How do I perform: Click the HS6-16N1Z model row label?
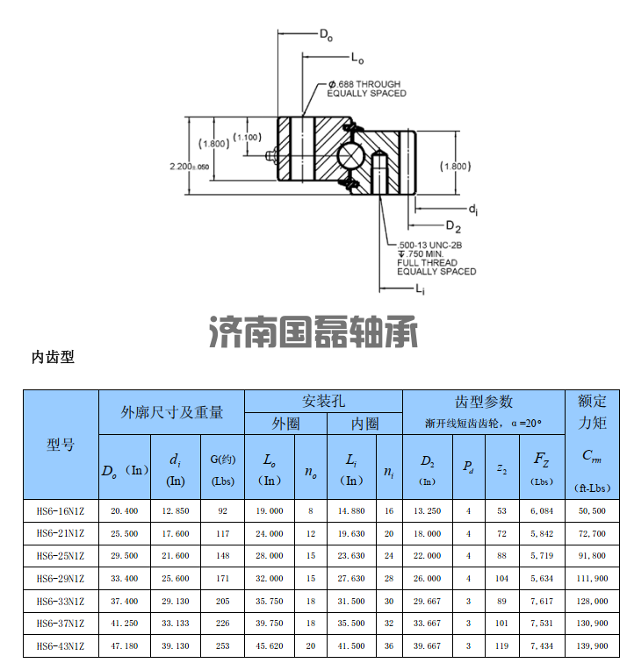[61, 510]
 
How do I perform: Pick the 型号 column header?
[61, 445]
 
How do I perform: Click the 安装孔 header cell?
[323, 401]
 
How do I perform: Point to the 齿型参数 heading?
[483, 402]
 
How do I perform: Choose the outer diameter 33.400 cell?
[124, 579]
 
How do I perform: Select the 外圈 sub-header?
[285, 424]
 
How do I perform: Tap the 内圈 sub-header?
[364, 424]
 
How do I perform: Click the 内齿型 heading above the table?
[53, 357]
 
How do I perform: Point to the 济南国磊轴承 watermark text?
[314, 333]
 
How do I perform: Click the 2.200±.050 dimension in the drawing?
[189, 165]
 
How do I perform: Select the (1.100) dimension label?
[248, 137]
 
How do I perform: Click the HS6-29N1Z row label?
[61, 579]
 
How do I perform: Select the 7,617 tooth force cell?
[541, 602]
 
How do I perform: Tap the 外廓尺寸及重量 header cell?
[171, 412]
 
